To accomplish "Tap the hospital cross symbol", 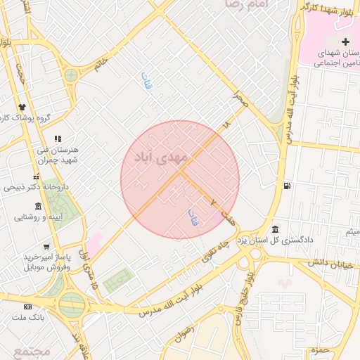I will [345, 43].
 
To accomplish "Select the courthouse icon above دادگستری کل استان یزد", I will [274, 230].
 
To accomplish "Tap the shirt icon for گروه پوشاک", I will [23, 116].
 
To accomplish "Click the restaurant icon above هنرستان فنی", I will [57, 139].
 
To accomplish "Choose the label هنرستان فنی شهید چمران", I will [61, 155].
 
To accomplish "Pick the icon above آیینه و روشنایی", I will [38, 206].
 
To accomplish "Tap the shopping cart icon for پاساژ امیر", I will [46, 247].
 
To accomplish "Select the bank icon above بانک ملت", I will [27, 307].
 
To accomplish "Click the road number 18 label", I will [225, 124].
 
